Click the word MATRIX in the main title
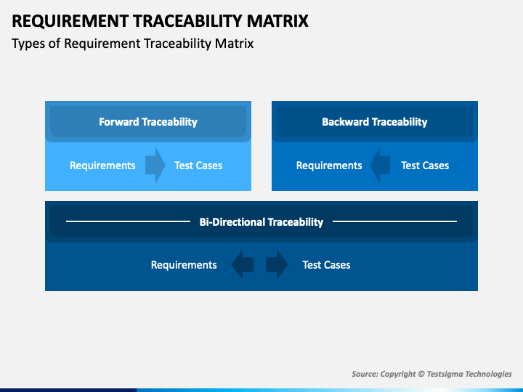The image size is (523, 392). pyautogui.click(x=277, y=20)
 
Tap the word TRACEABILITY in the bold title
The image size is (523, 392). pyautogui.click(x=188, y=20)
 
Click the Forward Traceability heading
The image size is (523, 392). pyautogui.click(x=148, y=122)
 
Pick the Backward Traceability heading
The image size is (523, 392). pyautogui.click(x=375, y=122)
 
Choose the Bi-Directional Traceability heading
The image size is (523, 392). pyautogui.click(x=261, y=222)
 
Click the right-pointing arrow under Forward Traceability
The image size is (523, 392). pyautogui.click(x=155, y=166)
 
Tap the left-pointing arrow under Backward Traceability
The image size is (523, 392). pyautogui.click(x=380, y=166)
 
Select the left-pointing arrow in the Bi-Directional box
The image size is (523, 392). pyautogui.click(x=243, y=265)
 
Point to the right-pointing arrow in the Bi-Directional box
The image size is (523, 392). pyautogui.click(x=277, y=265)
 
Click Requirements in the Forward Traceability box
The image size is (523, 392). pyautogui.click(x=102, y=166)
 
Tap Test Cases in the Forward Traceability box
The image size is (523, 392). pyautogui.click(x=198, y=166)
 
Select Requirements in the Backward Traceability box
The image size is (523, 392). pyautogui.click(x=329, y=166)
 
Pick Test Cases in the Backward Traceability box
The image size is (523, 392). pyautogui.click(x=425, y=166)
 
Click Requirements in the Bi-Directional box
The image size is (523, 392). pyautogui.click(x=184, y=265)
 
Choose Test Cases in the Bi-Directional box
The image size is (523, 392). pyautogui.click(x=327, y=265)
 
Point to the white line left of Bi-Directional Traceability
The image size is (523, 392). pyautogui.click(x=128, y=221)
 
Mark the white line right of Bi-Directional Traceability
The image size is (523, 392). pyautogui.click(x=394, y=221)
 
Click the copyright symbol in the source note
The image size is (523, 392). pyautogui.click(x=421, y=374)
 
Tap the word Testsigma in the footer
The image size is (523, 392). pyautogui.click(x=445, y=375)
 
